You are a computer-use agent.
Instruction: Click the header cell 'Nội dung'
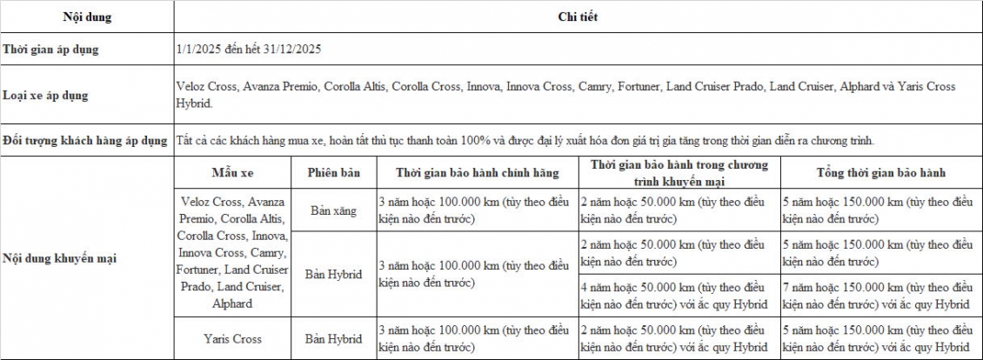pos(87,17)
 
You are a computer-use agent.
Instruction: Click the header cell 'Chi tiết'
pos(578,17)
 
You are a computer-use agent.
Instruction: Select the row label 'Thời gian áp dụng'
pos(50,50)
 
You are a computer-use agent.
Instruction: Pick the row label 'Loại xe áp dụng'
pos(45,95)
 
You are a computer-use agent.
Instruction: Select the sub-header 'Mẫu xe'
pos(232,172)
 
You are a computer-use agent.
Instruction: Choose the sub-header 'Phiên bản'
pos(333,172)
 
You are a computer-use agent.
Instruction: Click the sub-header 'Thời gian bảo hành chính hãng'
pos(477,172)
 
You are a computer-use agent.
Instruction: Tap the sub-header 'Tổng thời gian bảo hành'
pos(880,172)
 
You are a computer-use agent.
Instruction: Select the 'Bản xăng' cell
pos(333,210)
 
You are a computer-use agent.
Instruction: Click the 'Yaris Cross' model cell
pos(232,338)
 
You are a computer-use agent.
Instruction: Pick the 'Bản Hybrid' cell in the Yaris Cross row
pos(333,338)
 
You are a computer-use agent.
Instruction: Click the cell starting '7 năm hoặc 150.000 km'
pos(880,295)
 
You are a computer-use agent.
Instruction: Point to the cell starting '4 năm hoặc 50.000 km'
pos(679,295)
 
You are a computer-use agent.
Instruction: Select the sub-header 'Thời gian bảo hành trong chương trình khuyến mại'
pos(679,172)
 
